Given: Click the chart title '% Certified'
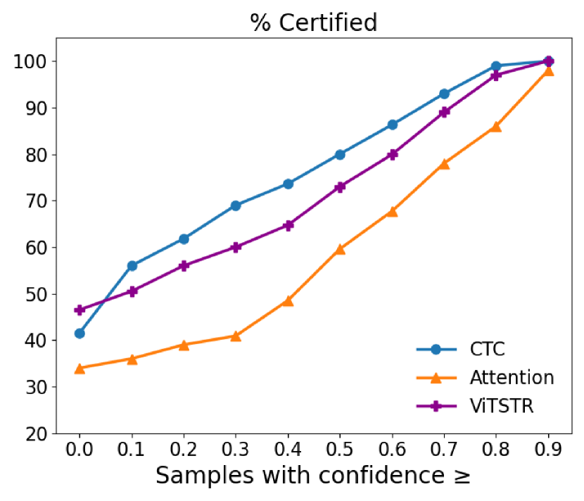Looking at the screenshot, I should pos(313,23).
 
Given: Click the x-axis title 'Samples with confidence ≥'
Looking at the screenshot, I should pos(313,475).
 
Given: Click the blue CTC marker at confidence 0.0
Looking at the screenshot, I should pos(80,334).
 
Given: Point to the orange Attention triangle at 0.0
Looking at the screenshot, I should pos(80,368).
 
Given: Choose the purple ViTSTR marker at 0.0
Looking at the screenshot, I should pos(80,310).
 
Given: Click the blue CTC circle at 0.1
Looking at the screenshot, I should pos(132,266).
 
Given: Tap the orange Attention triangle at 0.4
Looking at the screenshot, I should pos(288,301).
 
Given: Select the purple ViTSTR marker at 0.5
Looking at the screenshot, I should pos(340,187).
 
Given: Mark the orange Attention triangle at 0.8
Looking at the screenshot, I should pos(496,127).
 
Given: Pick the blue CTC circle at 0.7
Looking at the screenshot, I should pos(444,94).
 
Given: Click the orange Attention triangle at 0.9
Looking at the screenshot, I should pos(548,71).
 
